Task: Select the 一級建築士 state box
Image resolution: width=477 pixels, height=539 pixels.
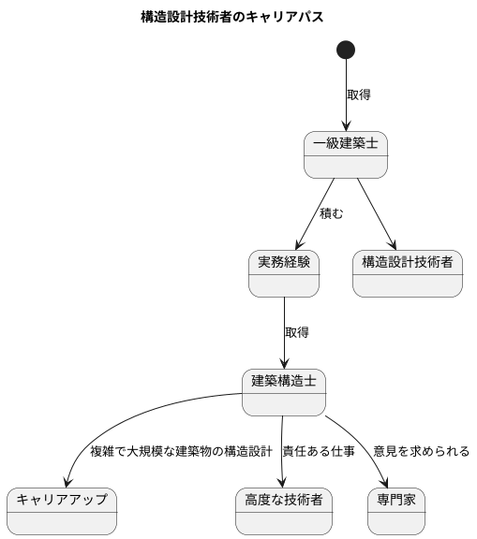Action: click(347, 154)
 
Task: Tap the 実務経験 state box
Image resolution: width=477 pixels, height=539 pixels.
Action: click(284, 273)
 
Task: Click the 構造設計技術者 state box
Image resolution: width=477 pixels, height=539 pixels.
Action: click(407, 273)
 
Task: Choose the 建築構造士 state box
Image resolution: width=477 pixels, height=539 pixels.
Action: click(284, 392)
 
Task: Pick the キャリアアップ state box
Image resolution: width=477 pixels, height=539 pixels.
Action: click(62, 511)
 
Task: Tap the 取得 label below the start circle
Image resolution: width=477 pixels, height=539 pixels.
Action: click(359, 95)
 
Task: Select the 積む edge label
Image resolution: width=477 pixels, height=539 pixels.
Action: click(332, 213)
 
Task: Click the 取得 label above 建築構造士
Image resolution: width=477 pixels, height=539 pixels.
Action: click(297, 332)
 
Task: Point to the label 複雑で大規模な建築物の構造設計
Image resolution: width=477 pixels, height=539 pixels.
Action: click(181, 452)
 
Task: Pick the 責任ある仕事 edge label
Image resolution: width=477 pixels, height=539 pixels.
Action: click(319, 452)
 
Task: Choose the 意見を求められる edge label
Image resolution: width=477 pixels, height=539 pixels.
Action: click(421, 452)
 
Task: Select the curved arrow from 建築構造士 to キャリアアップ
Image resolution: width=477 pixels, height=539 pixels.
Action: click(112, 430)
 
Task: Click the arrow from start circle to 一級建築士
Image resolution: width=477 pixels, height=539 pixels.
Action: click(347, 98)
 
